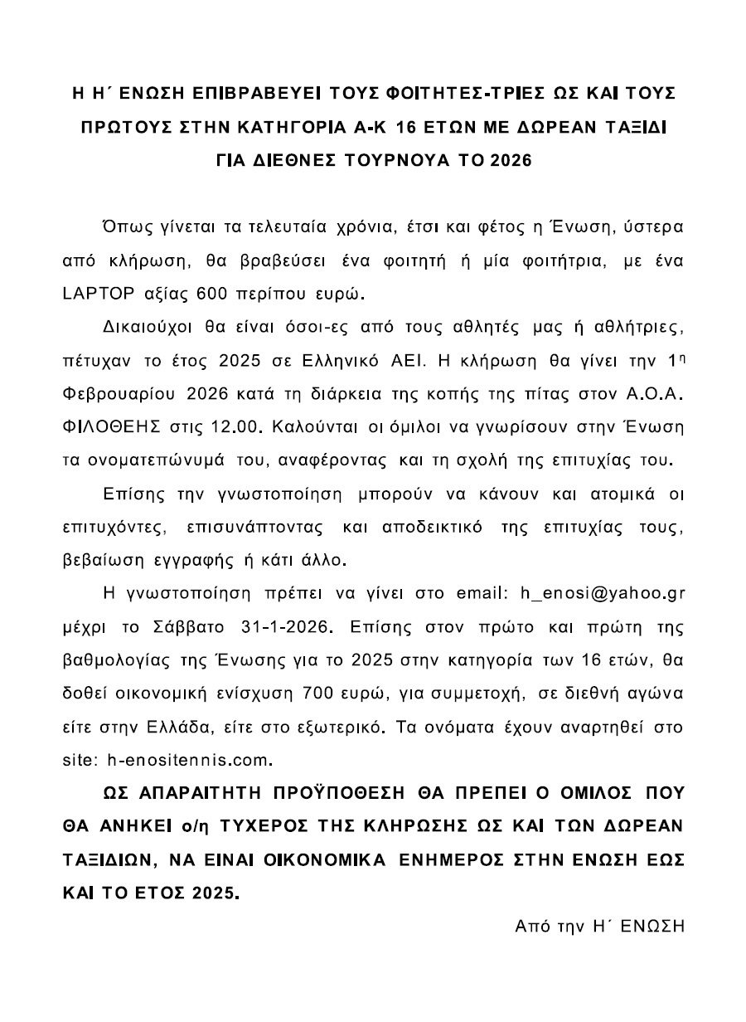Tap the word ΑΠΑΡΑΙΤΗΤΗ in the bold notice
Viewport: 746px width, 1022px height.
coord(200,792)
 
